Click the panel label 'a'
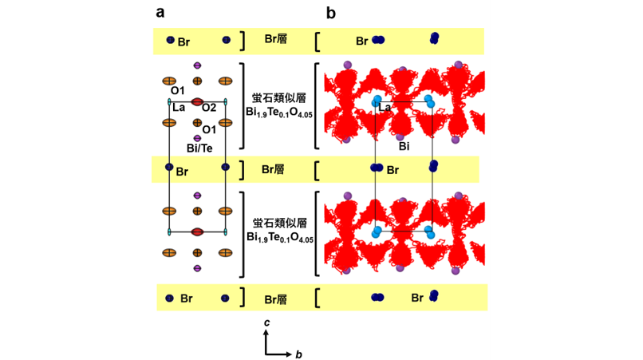coord(160,13)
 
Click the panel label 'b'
coord(331,13)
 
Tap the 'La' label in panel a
coord(179,108)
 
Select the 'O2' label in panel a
coord(209,108)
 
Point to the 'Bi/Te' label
coord(199,148)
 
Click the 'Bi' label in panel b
coord(404,146)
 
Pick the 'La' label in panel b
coord(385,108)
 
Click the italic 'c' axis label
coord(266,322)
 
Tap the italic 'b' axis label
coord(298,354)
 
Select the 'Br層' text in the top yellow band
coord(275,39)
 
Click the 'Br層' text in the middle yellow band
coord(273,169)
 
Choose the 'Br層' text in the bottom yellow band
coord(275,299)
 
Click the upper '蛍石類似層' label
coord(279,98)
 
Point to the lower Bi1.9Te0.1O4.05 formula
coord(280,238)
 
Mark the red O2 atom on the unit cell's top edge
coord(197,101)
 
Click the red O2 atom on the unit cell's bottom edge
coord(197,232)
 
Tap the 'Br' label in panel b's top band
coord(361,41)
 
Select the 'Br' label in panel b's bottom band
coord(417,298)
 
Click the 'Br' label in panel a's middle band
coord(182,172)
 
